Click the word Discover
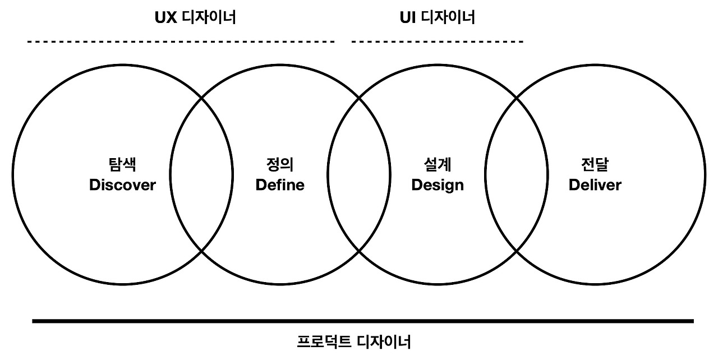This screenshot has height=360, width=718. coord(122,185)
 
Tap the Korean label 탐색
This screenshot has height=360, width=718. coord(122,165)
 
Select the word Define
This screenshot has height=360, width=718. coord(280,185)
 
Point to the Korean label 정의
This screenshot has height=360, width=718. coord(280,165)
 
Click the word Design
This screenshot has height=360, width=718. coord(438,185)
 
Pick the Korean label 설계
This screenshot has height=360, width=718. coord(438,165)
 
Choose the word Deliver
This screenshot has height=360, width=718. coord(595,185)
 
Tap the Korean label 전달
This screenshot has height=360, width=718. coord(595,165)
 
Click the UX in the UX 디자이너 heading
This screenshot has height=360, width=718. coord(165,17)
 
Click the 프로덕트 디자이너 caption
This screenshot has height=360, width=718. coord(354,341)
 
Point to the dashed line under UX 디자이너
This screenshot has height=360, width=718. coord(181,41)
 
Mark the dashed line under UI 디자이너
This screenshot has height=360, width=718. coord(438,41)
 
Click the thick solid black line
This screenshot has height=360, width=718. coord(362,321)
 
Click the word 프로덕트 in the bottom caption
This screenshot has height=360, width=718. coord(323,341)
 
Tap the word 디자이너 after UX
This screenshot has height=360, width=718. coord(209,17)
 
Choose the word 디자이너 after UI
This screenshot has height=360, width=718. coord(447,17)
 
